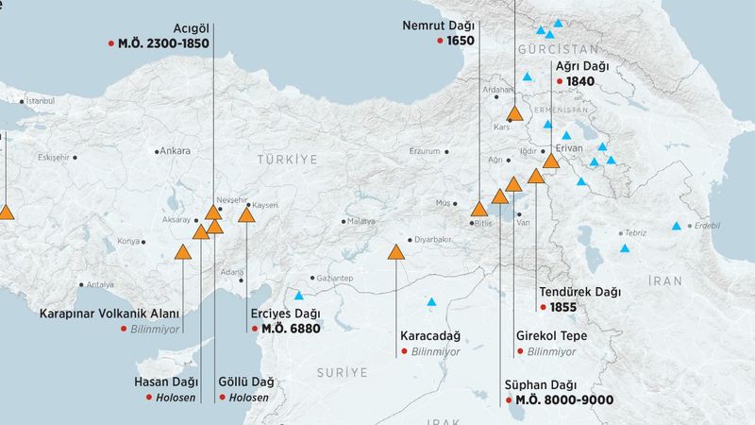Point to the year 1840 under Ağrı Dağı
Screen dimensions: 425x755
579,82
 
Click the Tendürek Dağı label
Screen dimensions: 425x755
579,292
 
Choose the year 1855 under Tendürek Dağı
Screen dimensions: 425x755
563,308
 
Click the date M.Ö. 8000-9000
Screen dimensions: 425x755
563,400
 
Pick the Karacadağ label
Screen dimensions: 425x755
429,336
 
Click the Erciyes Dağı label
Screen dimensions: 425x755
286,314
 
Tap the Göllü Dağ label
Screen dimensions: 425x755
245,382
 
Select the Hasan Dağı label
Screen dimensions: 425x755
165,382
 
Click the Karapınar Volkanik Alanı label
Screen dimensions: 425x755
109,314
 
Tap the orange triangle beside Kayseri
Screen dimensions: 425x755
246,215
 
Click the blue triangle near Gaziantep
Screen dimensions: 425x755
300,294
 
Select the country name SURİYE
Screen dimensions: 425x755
342,373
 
